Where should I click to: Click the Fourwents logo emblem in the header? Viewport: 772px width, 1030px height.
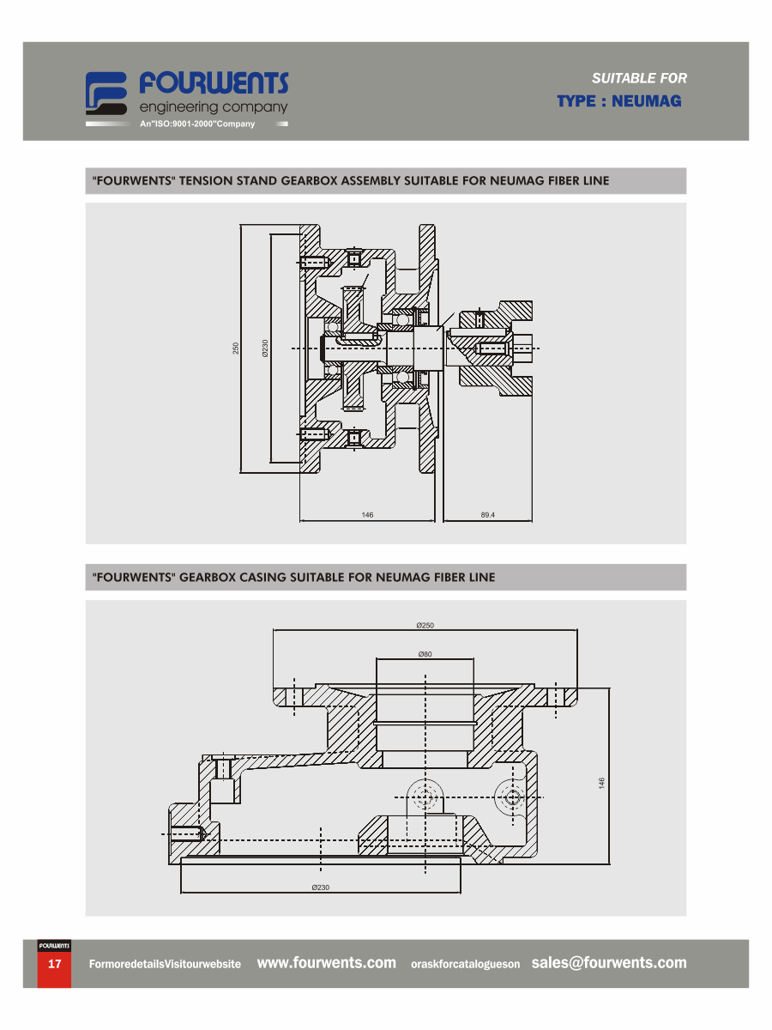coord(106,93)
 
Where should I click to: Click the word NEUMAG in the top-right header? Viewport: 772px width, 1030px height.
coord(646,101)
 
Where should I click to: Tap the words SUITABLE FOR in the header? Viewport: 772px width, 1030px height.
coord(639,78)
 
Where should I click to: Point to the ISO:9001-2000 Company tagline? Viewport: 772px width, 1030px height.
coord(197,124)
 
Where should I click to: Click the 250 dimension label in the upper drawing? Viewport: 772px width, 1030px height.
coord(236,348)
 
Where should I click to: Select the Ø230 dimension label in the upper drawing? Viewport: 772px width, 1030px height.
coord(265,348)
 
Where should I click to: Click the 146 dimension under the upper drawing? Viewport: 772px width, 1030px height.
coord(367,515)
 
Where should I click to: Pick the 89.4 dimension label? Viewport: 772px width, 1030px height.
coord(487,515)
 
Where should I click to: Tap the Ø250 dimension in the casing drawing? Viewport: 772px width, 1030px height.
coord(425,625)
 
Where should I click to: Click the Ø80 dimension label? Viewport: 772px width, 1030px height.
coord(425,654)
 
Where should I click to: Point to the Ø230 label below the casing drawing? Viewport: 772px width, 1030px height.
coord(320,888)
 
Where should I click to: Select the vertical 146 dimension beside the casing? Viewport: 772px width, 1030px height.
coord(601,783)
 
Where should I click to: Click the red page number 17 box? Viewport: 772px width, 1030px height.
coord(54,969)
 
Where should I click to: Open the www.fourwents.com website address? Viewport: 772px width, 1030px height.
coord(326,962)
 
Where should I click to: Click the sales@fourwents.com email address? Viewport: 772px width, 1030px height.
coord(608,962)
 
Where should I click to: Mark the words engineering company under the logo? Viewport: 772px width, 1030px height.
coord(214,107)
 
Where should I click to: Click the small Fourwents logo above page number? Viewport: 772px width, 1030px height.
coord(54,946)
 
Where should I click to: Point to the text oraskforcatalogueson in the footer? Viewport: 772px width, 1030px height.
coord(465,964)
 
